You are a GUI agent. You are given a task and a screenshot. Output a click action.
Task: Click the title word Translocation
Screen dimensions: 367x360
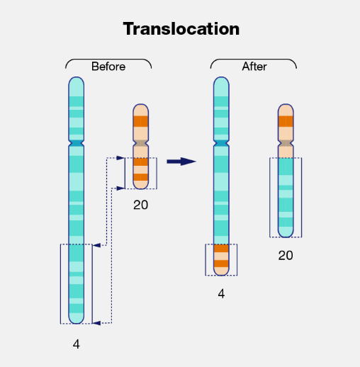coord(181,29)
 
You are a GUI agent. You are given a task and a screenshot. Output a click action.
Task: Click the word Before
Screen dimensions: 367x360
coord(108,67)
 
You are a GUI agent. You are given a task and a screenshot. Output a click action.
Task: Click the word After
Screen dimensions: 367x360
coord(254,67)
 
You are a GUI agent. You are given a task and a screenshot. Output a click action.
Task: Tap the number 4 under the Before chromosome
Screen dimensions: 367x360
coord(77,344)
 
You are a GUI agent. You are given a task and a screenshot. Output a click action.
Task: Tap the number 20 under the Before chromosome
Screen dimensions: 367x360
coord(141,205)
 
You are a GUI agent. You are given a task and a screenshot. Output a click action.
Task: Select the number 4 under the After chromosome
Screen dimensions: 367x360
coord(221,293)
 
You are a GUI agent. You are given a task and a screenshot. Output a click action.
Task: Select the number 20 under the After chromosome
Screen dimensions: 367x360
coord(286,255)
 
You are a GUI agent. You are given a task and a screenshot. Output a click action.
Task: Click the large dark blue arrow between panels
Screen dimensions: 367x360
coord(181,162)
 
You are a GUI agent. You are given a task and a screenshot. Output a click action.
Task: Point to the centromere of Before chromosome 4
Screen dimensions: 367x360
coord(77,144)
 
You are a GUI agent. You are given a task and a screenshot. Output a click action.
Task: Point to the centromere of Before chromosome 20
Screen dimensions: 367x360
coord(141,144)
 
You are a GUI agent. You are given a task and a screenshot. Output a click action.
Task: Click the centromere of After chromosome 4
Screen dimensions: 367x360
coord(221,144)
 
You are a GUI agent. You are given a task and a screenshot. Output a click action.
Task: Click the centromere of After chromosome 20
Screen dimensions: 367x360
coord(286,144)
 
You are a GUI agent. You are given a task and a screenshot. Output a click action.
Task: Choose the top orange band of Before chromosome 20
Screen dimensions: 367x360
coord(141,121)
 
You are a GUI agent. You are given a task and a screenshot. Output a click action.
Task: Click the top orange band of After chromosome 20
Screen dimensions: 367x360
coord(286,121)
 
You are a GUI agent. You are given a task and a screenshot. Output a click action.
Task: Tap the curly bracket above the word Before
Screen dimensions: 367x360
coord(108,60)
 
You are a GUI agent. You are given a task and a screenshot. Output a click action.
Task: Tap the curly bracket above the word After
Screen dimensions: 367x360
coord(254,60)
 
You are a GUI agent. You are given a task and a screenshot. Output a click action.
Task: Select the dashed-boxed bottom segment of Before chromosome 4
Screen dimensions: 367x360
coord(77,283)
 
